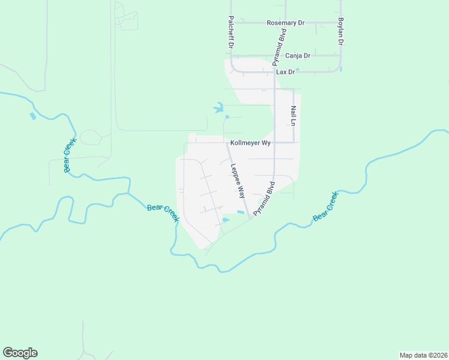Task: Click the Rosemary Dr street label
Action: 286,23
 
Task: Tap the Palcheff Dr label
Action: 230,33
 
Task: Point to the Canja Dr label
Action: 297,56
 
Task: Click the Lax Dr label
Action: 285,72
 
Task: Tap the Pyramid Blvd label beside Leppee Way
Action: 263,199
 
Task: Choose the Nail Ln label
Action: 294,115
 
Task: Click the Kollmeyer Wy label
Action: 251,143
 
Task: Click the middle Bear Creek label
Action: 163,213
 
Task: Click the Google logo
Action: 20,353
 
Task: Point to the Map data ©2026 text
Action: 423,355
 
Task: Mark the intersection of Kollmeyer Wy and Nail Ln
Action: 294,143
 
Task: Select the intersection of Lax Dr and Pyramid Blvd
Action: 274,72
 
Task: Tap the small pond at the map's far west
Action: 32,116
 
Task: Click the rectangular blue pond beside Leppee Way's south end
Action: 241,212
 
